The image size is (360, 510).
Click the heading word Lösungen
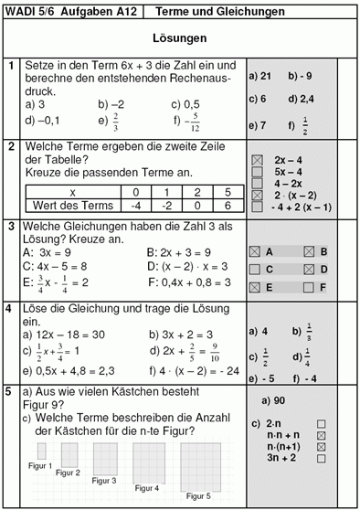(179, 40)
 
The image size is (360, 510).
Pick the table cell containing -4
(135, 206)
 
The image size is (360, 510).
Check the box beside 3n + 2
(321, 462)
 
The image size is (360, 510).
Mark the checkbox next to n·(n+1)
(321, 449)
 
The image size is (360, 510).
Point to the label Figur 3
(104, 481)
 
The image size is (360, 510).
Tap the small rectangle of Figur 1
(41, 451)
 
